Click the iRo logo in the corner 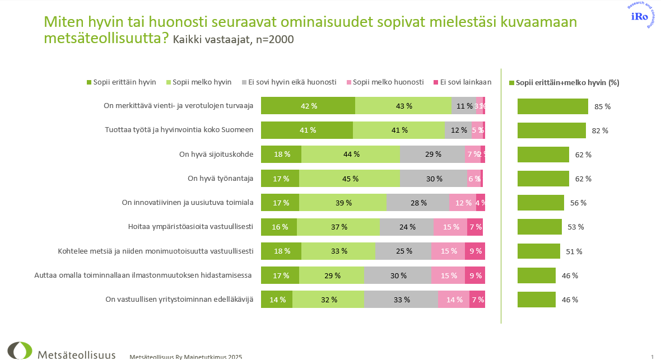coord(640,16)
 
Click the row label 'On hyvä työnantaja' coord(221,179)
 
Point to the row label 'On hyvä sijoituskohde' coord(216,155)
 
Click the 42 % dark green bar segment coord(308,106)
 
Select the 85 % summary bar coord(552,106)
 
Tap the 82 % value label coord(600,130)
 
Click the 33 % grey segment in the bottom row coord(401,300)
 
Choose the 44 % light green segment coord(351,155)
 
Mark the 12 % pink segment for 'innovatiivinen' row coord(462,203)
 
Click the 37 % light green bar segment coord(338,227)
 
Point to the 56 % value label coord(578,203)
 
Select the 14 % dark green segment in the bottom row coord(277,300)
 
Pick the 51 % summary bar coord(538,251)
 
